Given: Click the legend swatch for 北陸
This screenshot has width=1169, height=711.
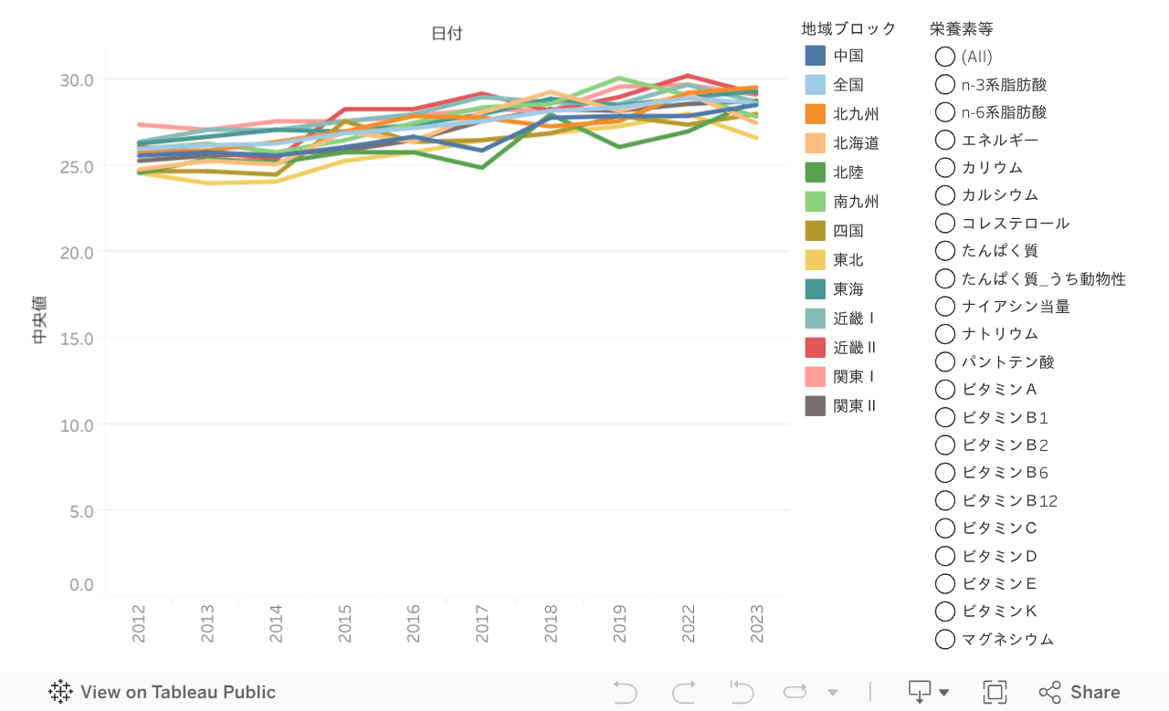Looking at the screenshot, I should click(x=816, y=173).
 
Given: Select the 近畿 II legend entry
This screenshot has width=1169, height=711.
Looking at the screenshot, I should click(x=855, y=348).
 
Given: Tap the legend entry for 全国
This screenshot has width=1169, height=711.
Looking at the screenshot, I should click(x=848, y=85).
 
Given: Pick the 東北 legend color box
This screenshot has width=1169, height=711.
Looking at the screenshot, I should click(x=816, y=260).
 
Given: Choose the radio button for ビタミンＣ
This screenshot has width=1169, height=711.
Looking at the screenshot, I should click(x=945, y=528).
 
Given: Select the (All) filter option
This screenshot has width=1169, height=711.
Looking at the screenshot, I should click(x=945, y=57).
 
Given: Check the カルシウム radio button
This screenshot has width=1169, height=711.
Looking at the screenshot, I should click(x=945, y=195).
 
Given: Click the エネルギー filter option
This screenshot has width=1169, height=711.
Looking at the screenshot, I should click(x=999, y=140).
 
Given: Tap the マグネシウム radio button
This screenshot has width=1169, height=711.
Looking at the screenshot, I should click(x=945, y=639).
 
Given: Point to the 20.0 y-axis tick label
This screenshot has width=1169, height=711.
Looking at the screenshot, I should click(x=77, y=252).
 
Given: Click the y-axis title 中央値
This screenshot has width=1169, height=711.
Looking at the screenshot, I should click(x=39, y=319).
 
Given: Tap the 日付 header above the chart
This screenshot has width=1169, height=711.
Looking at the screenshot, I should click(x=447, y=34).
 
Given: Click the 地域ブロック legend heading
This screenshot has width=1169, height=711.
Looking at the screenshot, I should click(x=848, y=28).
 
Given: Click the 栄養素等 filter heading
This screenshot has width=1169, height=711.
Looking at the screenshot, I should click(x=961, y=28).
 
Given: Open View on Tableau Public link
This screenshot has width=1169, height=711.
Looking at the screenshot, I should click(x=163, y=692).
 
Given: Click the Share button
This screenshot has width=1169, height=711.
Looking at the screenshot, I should click(x=1079, y=692).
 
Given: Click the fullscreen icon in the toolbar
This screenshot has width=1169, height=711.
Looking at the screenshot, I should click(x=995, y=692).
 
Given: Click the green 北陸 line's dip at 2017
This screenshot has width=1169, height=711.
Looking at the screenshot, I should click(x=482, y=167).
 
